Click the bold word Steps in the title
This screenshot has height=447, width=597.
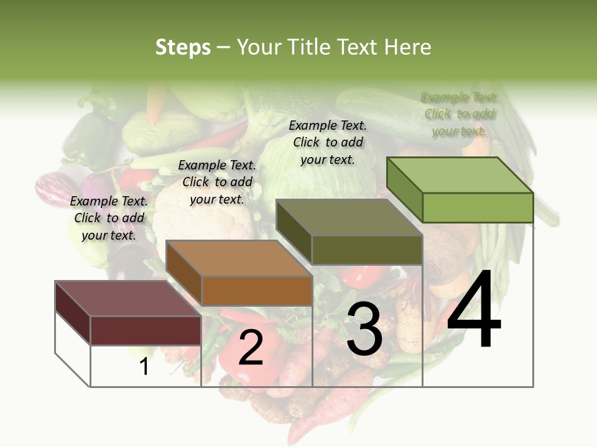pos(183,48)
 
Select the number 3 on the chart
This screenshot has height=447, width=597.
pos(364,331)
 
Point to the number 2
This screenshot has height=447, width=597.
pos(251,348)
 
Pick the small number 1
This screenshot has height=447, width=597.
pos(144,366)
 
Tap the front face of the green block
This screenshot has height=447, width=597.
pos(478,207)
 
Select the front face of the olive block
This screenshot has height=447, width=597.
pos(367,250)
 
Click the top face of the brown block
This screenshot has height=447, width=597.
pos(239,258)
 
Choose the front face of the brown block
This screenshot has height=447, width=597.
pos(257,291)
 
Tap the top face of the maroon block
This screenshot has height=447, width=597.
pos(128,299)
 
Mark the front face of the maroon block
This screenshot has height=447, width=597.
pos(146,330)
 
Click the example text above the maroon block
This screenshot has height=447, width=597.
pos(109,219)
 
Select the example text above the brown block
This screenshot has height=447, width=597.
pos(217,183)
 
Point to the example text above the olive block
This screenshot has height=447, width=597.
pos(328,142)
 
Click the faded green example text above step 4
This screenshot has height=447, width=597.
pos(460,114)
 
